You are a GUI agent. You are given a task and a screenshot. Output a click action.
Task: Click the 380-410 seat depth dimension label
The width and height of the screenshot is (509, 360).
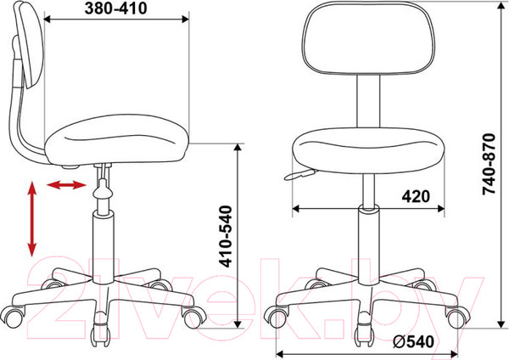(115, 8)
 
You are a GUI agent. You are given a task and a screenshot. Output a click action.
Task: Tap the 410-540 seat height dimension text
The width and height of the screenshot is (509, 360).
(226, 236)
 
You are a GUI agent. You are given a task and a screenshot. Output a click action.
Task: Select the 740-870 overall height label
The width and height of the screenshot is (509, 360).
(489, 164)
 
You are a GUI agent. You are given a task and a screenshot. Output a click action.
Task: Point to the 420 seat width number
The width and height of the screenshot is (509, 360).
(416, 196)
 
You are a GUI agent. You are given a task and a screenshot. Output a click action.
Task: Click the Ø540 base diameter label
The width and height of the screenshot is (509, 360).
(413, 341)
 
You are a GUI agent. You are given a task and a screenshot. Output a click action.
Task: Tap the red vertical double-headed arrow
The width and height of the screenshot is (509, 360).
(32, 219)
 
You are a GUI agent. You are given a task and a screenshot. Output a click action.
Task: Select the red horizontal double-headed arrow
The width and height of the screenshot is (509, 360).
(66, 185)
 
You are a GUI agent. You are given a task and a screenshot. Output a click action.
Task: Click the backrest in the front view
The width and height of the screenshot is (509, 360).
(368, 38)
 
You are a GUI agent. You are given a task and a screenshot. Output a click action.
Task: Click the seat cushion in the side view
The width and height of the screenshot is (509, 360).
(117, 140)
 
